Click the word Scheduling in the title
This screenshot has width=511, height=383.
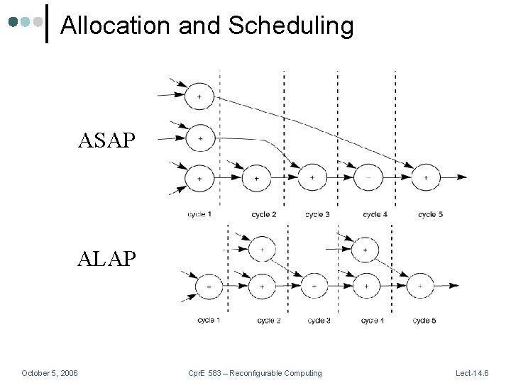291,26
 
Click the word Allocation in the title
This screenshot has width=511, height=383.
116,26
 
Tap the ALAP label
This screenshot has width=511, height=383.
106,258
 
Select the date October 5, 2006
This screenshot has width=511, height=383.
50,373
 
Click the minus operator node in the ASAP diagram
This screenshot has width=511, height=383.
369,177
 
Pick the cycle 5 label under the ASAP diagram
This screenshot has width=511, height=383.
430,214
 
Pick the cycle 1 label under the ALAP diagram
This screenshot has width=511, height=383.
209,321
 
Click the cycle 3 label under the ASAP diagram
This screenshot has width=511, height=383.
317,214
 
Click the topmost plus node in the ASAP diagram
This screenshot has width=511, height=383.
199,96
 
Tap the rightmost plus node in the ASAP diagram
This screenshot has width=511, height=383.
426,177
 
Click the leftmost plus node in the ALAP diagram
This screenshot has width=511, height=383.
209,286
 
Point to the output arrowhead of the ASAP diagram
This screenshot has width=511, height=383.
463,177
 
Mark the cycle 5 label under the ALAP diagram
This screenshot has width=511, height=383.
424,321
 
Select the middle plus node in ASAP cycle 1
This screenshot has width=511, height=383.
200,138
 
